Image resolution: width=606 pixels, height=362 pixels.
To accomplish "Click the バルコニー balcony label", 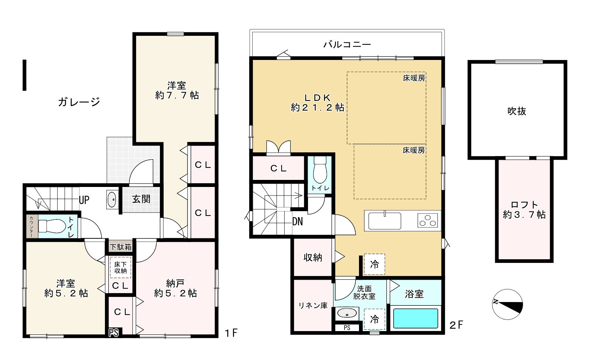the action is click(x=347, y=44).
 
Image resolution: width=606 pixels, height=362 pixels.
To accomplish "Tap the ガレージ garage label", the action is click(x=79, y=102).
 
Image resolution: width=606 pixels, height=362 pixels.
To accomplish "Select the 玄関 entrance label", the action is click(x=141, y=199).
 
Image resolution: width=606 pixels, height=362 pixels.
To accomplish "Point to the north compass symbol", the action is click(x=507, y=304).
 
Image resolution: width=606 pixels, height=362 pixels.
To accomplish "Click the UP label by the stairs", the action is click(x=84, y=200).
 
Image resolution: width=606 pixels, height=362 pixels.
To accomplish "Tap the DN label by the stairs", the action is click(x=297, y=222).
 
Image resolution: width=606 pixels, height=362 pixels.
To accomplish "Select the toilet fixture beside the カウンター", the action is click(x=52, y=226).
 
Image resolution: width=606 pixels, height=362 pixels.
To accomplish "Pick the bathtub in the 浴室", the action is click(x=415, y=318).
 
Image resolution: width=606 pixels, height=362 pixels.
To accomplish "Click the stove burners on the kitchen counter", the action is click(x=428, y=220).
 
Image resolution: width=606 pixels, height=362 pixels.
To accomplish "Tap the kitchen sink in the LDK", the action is click(x=385, y=221).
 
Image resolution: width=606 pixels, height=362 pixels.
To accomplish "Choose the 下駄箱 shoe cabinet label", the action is click(x=121, y=247).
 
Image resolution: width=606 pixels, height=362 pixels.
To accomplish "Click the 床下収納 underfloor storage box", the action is click(x=121, y=267).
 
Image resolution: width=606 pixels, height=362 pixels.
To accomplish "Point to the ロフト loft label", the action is click(x=524, y=210).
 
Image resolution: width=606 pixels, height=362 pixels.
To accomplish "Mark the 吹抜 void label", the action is click(x=517, y=111).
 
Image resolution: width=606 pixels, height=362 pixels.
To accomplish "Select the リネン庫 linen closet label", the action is click(x=313, y=306).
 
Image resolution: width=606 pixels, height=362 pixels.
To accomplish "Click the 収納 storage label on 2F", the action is click(x=313, y=257).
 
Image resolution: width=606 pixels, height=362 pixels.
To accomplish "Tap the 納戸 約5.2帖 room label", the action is click(x=176, y=288).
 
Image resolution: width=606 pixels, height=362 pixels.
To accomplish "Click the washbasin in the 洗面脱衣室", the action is click(x=347, y=314).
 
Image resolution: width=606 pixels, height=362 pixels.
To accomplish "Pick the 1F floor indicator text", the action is click(x=231, y=333).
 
